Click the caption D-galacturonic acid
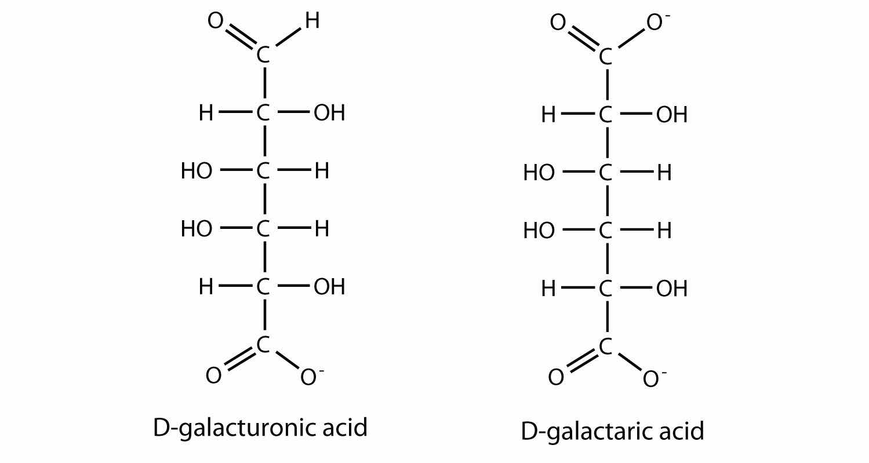coord(260,428)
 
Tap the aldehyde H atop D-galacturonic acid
coord(312,21)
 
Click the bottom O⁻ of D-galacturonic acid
coord(309,377)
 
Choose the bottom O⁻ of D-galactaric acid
coord(652,379)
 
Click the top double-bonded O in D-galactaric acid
coord(557,24)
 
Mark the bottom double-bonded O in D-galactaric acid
coord(556,378)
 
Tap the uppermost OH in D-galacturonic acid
coord(329,114)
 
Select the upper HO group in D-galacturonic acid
coord(197,172)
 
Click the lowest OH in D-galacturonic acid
coord(329,287)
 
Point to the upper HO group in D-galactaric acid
coord(539,173)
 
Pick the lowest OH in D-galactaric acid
coord(672,289)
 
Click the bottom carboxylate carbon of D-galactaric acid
coord(606,347)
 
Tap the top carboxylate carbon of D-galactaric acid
coord(606,57)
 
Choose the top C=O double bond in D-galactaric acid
coord(581,39)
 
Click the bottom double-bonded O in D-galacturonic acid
coord(213,376)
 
